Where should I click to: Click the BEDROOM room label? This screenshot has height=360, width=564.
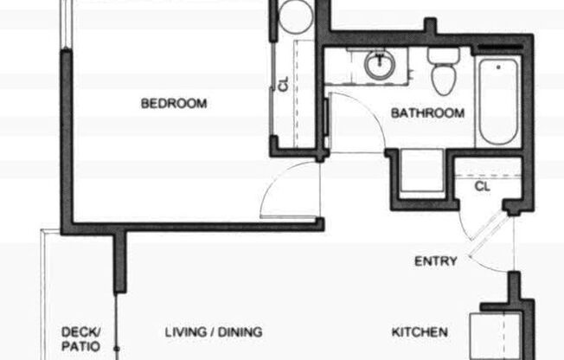[x=174, y=104]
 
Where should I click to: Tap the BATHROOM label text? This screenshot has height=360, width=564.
[x=427, y=112]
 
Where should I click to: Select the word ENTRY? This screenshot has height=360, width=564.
[x=435, y=261]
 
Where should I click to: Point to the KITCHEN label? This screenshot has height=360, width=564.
[x=420, y=332]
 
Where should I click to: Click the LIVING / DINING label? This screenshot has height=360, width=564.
[x=213, y=332]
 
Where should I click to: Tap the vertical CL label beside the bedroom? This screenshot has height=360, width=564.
[x=283, y=85]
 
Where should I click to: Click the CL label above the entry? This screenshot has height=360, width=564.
[x=482, y=184]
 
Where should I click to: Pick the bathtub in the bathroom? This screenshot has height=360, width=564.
[x=499, y=102]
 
